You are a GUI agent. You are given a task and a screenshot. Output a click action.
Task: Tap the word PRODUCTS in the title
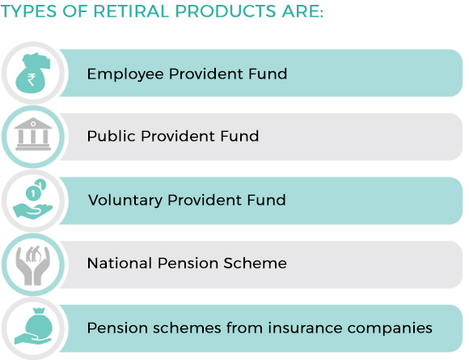(x=226, y=11)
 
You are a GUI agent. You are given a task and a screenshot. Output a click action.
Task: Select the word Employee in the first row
(x=125, y=74)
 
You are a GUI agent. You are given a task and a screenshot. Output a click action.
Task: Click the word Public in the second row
(x=112, y=136)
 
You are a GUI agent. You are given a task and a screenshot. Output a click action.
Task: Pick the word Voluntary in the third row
(x=125, y=200)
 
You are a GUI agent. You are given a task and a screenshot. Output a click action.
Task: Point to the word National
(x=120, y=264)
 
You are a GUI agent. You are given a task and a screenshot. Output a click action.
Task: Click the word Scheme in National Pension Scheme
(x=256, y=264)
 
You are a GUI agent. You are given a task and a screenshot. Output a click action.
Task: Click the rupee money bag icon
(x=33, y=73)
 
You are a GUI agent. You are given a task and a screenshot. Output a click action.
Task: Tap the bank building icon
(x=33, y=133)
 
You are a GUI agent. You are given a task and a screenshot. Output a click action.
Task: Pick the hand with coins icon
(x=33, y=199)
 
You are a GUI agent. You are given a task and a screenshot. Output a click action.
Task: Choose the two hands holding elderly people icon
(x=33, y=265)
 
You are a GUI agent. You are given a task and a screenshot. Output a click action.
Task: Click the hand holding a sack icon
(x=33, y=327)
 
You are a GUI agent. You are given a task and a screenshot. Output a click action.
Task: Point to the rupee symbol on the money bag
(x=32, y=79)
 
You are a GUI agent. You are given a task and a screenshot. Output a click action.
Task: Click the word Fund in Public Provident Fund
(x=239, y=136)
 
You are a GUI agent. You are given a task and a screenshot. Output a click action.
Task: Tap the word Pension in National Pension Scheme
(x=188, y=264)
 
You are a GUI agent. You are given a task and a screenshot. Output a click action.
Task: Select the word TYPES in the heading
(x=29, y=11)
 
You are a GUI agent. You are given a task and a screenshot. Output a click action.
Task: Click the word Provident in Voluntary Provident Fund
(x=205, y=200)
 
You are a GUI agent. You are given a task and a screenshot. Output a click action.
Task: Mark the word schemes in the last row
(x=187, y=328)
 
